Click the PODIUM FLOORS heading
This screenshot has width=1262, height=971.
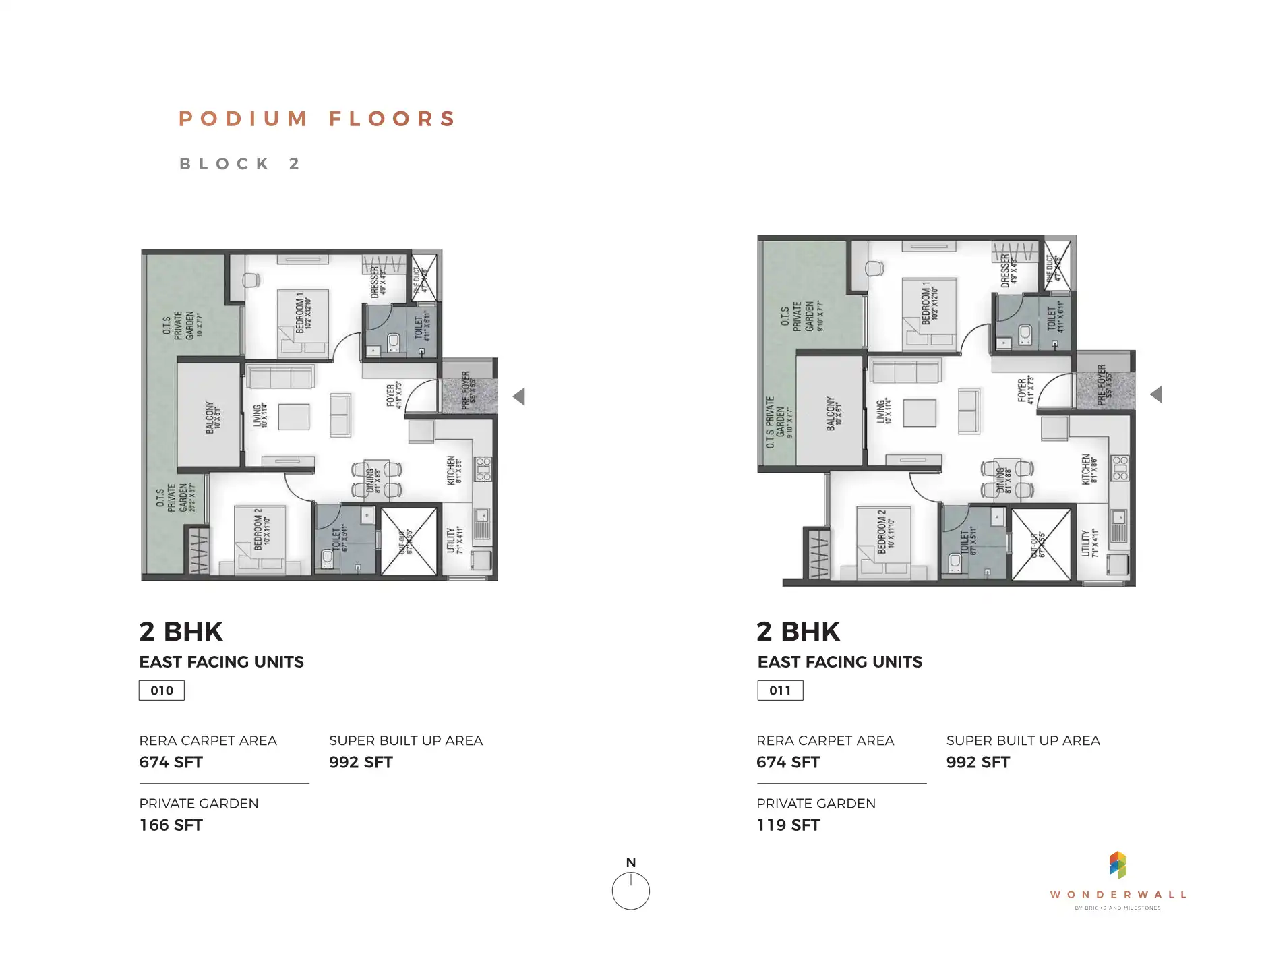318,119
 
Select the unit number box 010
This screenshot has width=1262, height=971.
162,690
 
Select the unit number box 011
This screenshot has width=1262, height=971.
780,690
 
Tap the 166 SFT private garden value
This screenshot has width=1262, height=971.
171,825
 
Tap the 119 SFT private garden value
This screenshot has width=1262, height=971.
788,825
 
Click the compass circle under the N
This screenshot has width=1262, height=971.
630,891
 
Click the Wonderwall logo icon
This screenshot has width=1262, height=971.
1118,865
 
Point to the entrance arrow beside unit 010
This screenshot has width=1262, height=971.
518,396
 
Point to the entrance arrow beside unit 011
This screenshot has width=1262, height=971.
1156,394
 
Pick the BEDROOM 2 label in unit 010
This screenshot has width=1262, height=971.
262,530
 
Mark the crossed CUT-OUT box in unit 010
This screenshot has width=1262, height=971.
409,541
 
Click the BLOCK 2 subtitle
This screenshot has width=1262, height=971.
239,165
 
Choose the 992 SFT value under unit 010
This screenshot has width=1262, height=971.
361,763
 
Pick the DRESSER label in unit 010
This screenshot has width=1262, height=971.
378,282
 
